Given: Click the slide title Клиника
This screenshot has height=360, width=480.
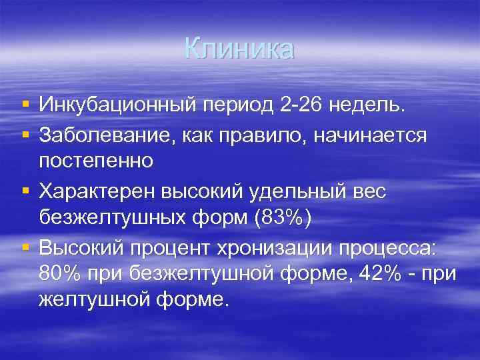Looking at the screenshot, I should tap(239, 49).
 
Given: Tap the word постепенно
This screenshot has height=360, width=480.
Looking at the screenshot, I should tap(97, 161).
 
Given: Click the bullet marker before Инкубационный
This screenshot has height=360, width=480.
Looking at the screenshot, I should tap(25, 105).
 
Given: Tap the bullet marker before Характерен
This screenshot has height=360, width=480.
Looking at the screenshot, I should tap(25, 191).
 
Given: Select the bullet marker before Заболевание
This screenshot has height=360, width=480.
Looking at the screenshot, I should tap(25, 135).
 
